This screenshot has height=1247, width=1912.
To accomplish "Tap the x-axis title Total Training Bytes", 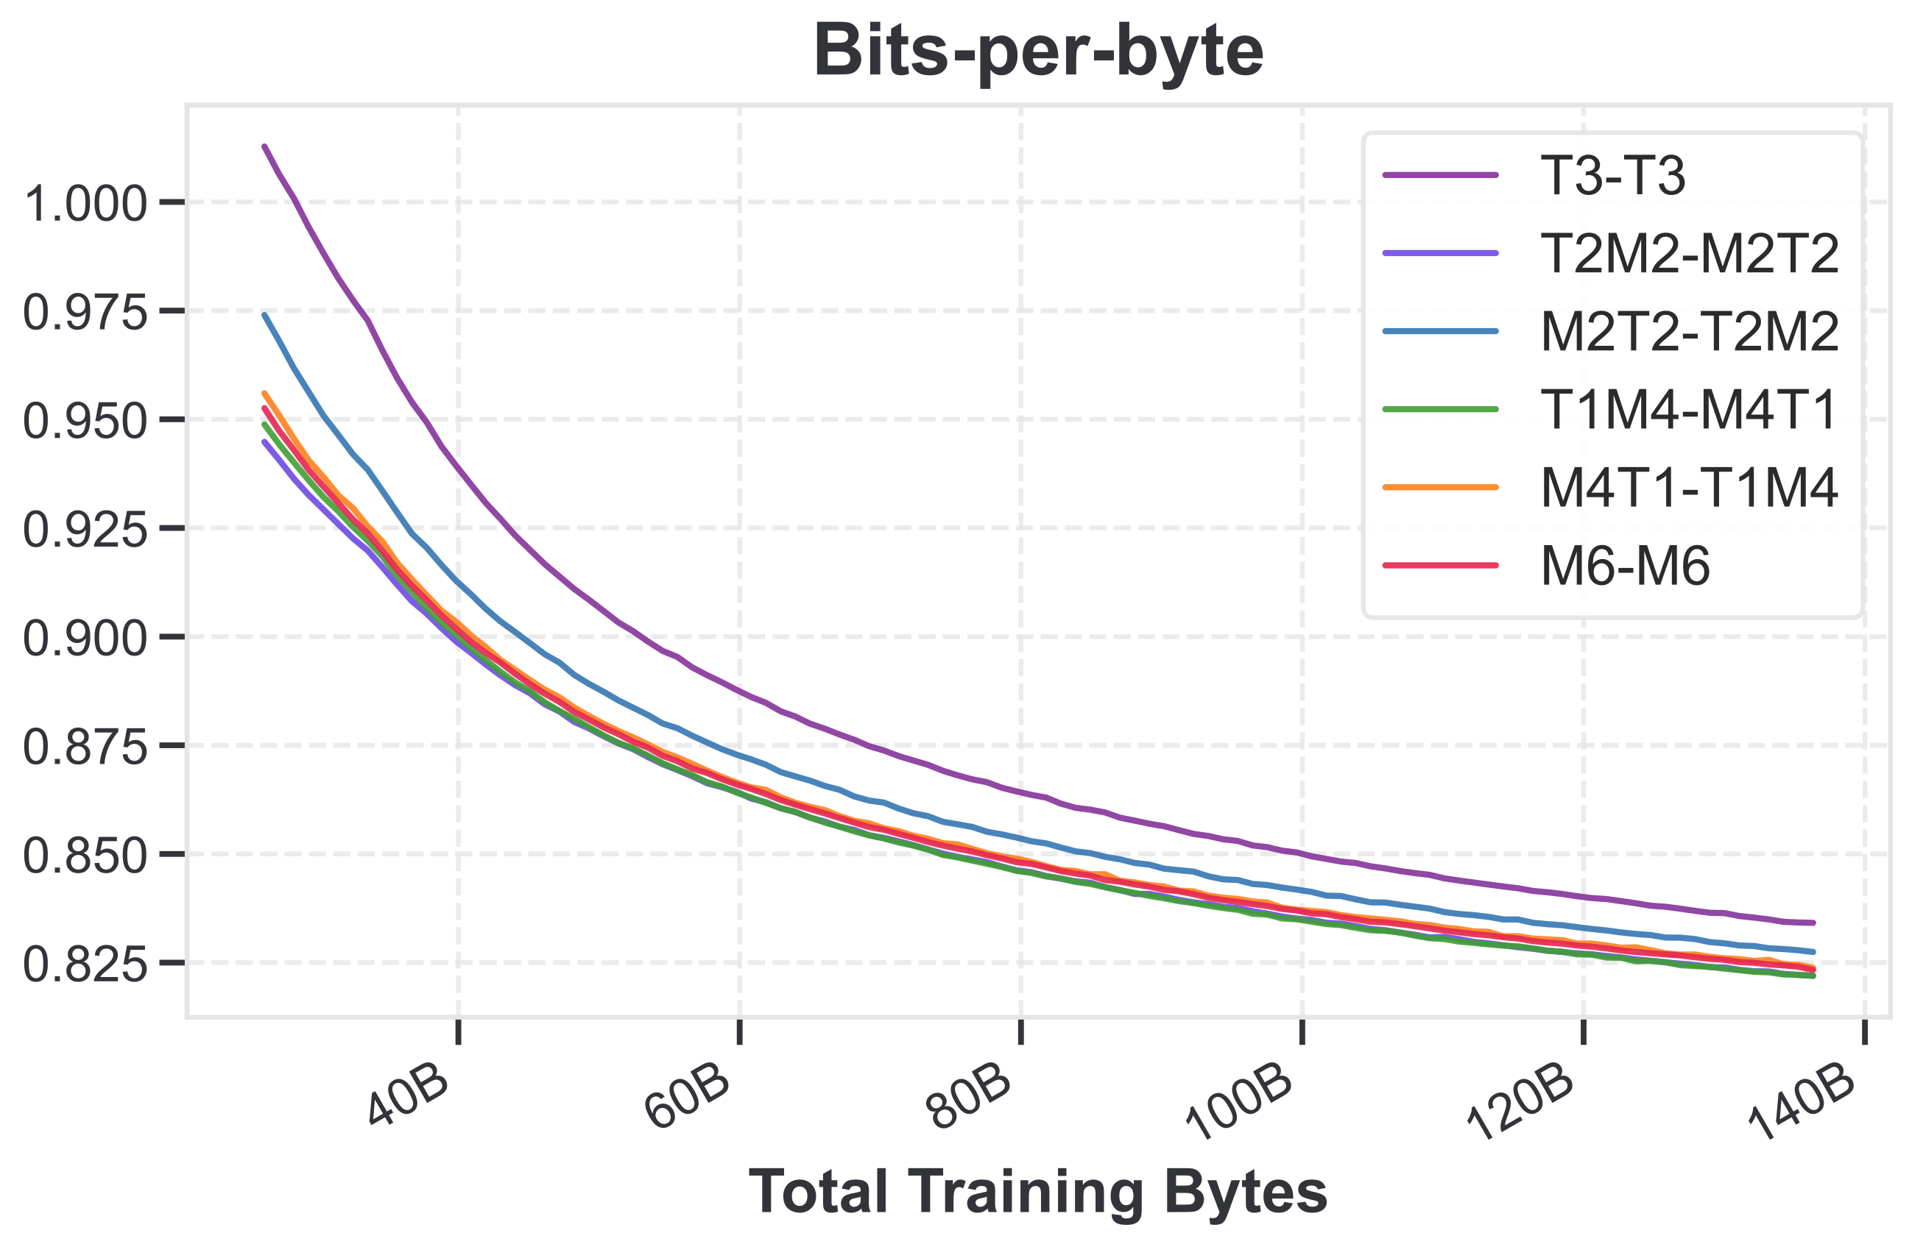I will point(1038,1192).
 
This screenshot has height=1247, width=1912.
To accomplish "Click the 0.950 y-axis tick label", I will point(88,420).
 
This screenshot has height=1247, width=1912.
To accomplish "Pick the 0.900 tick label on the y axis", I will point(88,639).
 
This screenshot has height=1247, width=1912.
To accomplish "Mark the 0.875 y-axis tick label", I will point(88,747).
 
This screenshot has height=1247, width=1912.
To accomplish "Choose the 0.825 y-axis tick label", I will point(88,964).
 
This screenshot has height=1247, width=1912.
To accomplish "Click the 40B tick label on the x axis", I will point(409,1098).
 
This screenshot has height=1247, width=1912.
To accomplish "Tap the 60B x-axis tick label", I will point(689,1098).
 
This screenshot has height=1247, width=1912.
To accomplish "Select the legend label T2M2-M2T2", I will point(1690,254).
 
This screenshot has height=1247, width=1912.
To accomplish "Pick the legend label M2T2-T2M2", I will point(1690,333).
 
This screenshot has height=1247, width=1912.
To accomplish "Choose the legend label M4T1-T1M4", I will point(1690,488).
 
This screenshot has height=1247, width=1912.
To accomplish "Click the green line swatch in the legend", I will point(1440,410).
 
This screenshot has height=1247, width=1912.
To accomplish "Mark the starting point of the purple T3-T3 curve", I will point(264,146).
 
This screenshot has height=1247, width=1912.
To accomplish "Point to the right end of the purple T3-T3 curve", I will point(1814,923).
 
